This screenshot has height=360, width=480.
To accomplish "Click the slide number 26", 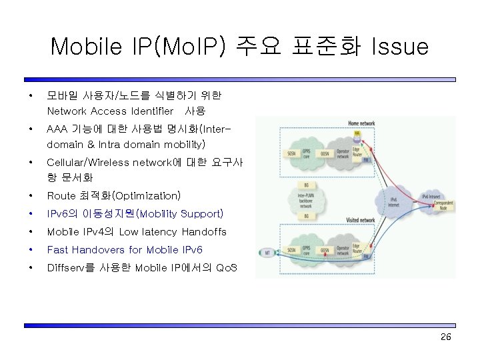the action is pos(446,337).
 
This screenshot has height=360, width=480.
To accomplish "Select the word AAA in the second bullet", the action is pos(58,128).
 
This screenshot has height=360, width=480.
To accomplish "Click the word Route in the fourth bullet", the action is pos(61,196).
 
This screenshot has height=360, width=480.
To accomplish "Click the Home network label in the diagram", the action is pos(361,123).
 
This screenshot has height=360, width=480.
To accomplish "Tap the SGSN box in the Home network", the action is pos(290,153).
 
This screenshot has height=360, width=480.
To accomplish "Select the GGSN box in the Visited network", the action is pos(325,252).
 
